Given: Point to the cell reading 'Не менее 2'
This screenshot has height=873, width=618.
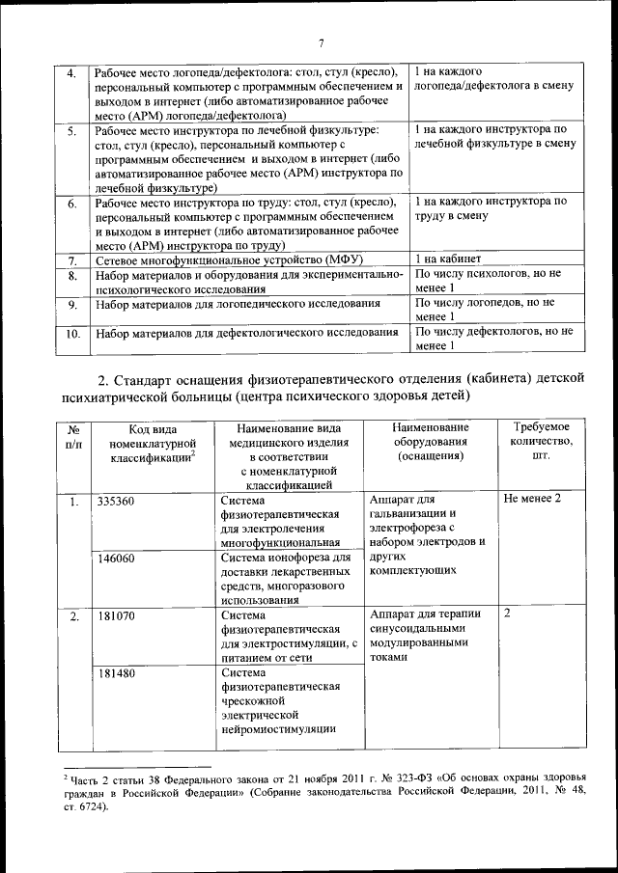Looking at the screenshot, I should (x=532, y=499).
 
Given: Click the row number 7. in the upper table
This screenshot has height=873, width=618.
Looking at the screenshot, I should (x=71, y=261).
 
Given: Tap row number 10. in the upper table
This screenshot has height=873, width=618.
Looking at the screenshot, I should (x=71, y=335).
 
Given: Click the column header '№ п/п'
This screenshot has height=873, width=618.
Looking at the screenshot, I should (x=72, y=435).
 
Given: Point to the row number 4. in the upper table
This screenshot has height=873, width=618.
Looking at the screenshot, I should (x=71, y=74).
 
